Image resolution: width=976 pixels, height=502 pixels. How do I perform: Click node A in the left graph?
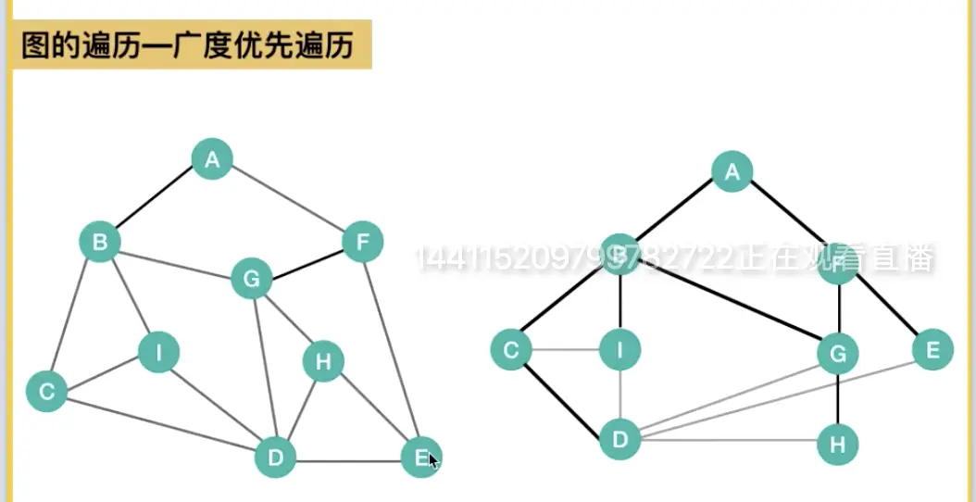[x=212, y=159]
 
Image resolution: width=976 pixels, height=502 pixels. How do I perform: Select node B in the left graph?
[x=100, y=243]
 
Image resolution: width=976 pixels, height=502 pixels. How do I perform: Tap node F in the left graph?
[x=362, y=243]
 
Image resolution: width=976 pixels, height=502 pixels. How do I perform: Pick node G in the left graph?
[x=251, y=278]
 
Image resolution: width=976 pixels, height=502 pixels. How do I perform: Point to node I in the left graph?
[x=158, y=352]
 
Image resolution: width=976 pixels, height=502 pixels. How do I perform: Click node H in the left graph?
[x=323, y=362]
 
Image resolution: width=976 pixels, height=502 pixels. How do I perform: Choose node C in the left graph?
[x=46, y=391]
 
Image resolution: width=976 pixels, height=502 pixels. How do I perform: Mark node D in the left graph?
[x=275, y=456]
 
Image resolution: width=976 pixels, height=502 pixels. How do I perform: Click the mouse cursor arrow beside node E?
[x=433, y=461]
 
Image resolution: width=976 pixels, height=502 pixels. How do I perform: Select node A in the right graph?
[x=732, y=171]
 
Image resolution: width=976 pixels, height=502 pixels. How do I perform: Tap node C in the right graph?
[x=510, y=349]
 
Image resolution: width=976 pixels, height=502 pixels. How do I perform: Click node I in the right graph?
[x=620, y=349]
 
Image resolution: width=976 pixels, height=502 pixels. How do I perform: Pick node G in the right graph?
[x=838, y=353]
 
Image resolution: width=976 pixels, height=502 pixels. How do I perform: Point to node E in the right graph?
[x=932, y=349]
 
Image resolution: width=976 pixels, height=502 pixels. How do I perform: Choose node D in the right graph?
[x=620, y=438]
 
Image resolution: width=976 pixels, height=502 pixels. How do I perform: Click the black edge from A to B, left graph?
[x=156, y=201]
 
